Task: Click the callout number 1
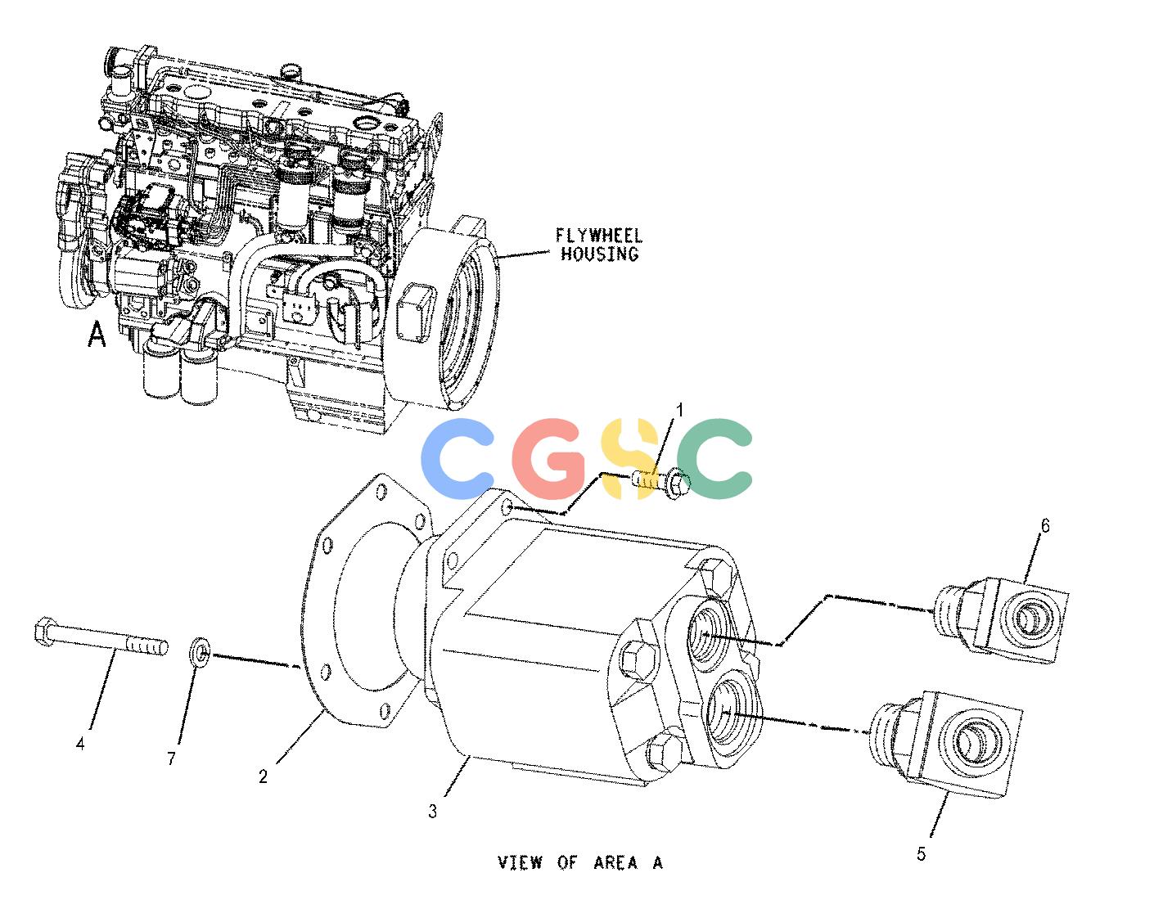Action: tap(679, 411)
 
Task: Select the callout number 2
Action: tap(264, 776)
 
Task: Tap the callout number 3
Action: tap(433, 812)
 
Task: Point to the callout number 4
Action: tap(80, 745)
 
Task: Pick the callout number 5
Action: tap(922, 854)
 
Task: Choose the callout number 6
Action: tap(1045, 525)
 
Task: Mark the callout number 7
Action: tap(171, 758)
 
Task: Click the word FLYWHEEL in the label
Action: tap(599, 236)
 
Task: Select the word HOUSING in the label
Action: tap(600, 254)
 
